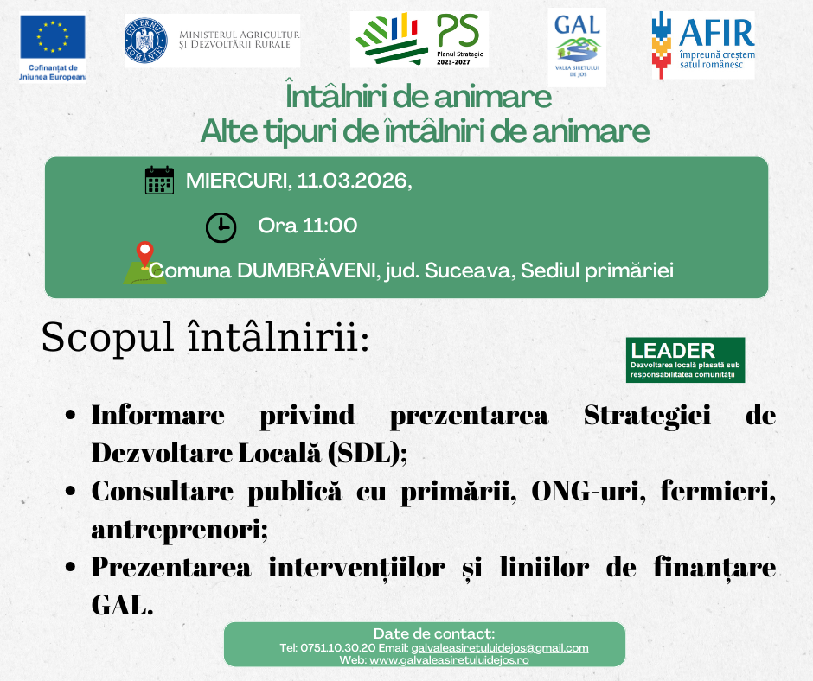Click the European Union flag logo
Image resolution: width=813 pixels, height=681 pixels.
53,37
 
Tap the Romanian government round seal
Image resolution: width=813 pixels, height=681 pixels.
145,41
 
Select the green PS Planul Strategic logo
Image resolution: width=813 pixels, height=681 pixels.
419,40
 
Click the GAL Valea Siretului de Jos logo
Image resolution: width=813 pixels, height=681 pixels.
577,47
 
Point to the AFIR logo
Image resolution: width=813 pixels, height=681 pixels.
703,46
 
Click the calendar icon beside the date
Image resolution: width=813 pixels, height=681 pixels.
159,181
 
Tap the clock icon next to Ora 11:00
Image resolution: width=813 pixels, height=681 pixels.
221,227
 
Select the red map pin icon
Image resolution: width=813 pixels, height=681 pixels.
144,254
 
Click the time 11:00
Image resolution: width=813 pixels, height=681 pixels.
330,226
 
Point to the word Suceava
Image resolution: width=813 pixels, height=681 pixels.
470,270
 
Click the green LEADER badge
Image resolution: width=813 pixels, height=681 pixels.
686,360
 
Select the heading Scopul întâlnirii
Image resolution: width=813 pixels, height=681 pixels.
205,337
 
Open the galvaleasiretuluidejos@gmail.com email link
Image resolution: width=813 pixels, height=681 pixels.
500,648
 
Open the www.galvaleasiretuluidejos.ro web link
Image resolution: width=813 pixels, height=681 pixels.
449,660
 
